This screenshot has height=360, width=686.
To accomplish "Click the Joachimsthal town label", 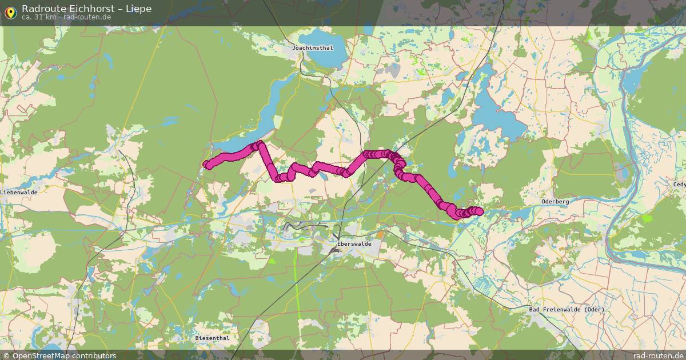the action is pos(312,48).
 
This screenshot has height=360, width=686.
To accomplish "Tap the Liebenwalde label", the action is pos(19,193).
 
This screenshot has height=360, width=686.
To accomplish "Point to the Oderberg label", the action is pos(555,202).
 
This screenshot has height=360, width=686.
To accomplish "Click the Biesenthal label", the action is pos(212,338).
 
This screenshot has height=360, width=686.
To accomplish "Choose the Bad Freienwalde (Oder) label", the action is pos(567,310).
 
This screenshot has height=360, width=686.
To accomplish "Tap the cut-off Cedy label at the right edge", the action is pos(679,185).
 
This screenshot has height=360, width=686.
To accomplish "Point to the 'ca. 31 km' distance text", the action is pos(39,17).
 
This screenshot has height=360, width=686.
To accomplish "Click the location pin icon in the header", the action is pos(10,12).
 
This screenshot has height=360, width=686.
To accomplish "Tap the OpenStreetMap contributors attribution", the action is pos(64,355).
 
